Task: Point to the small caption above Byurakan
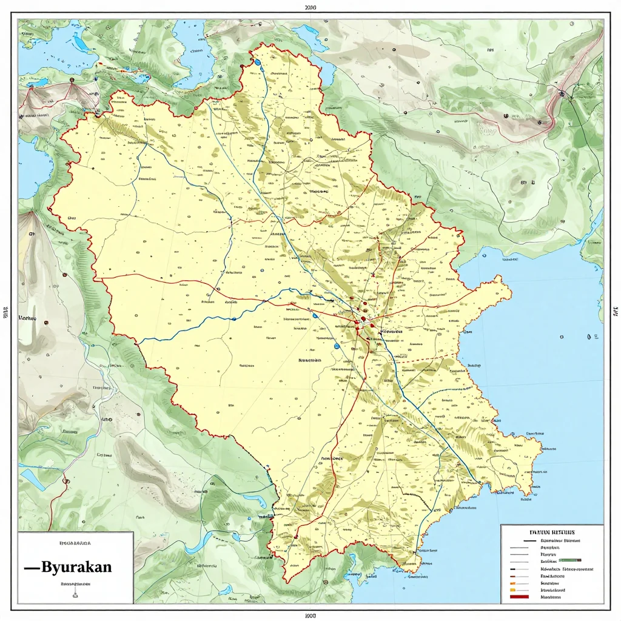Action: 75,544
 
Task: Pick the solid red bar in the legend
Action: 521,597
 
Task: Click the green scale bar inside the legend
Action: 569,561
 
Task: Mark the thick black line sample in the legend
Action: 529,539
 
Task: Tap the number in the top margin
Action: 310,8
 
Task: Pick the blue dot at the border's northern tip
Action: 258,62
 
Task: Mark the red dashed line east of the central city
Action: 418,359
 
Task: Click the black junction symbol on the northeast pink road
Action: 563,94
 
